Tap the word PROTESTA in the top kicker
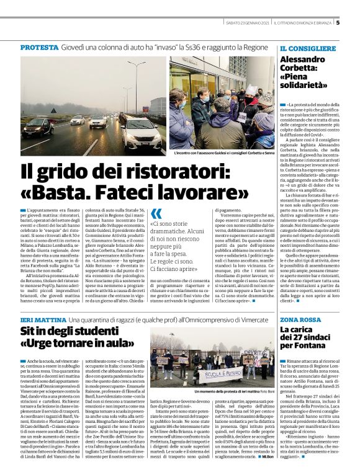tap(40, 48)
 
